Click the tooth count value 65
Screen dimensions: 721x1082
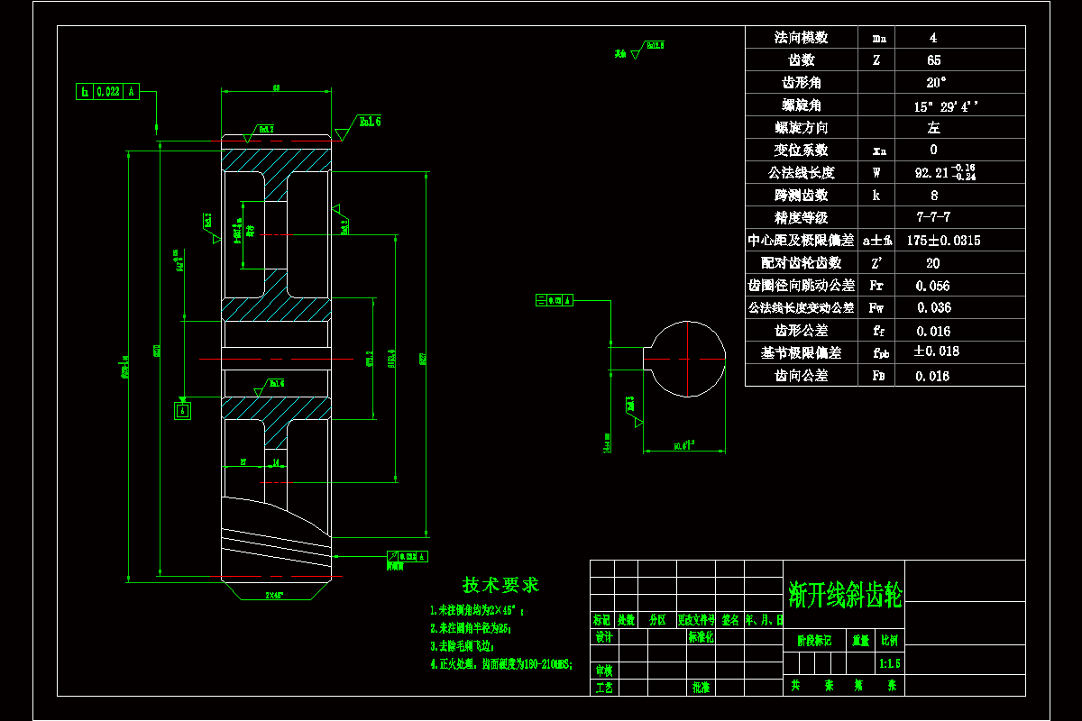(x=933, y=60)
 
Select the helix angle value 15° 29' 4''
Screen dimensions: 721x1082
(x=946, y=105)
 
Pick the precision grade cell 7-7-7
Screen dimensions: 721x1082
(x=933, y=218)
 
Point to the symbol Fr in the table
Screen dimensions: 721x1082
(x=876, y=286)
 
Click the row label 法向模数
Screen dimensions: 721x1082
(x=801, y=38)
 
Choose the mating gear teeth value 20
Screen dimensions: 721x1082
(x=933, y=263)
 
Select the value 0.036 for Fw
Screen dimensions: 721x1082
(x=933, y=308)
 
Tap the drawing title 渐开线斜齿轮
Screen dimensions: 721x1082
(x=844, y=593)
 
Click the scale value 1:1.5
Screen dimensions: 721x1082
(x=889, y=663)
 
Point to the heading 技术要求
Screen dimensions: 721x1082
(x=501, y=585)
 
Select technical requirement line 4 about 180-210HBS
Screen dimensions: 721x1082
(x=501, y=664)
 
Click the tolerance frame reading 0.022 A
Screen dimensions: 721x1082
(x=108, y=91)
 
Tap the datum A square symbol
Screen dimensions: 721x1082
(x=183, y=411)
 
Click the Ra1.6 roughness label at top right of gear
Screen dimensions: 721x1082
(x=370, y=121)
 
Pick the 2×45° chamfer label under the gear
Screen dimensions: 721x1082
(x=275, y=596)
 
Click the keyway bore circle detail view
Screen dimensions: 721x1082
(x=687, y=359)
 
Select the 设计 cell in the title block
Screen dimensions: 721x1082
(x=603, y=637)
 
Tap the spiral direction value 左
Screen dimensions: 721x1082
(x=933, y=128)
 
